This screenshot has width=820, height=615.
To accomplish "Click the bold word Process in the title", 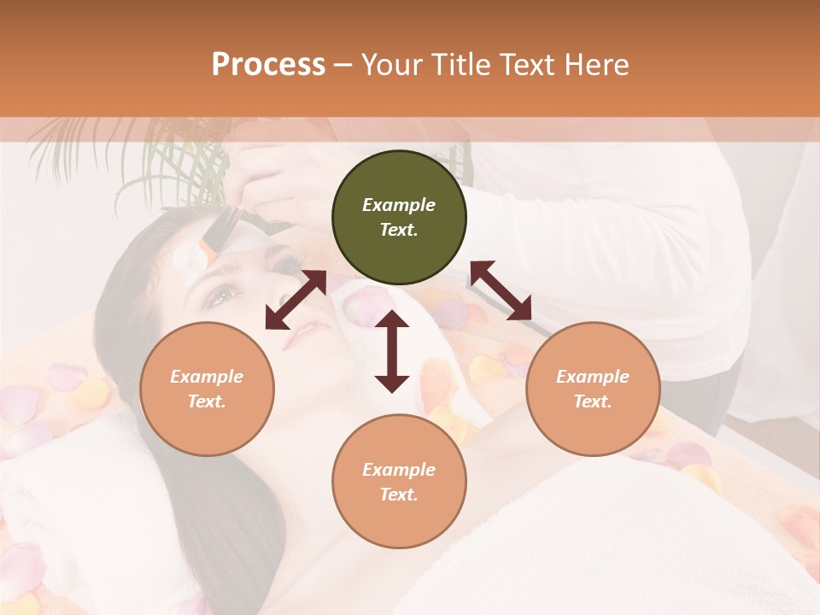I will point(268,65).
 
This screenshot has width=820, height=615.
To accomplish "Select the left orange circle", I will point(207,389).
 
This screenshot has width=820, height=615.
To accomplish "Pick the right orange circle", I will point(593,389).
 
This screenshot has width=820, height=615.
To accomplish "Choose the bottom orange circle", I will point(399,481).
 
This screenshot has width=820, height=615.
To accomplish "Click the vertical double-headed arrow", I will point(392,351).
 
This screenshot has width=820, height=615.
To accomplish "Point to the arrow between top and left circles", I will point(296,299).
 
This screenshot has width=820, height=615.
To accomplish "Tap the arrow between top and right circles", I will point(501,290).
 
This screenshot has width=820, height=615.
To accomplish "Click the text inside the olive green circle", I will point(399,217).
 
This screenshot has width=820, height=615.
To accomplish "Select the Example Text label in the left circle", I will point(207,389).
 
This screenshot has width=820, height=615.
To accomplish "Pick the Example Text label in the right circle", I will point(593,389).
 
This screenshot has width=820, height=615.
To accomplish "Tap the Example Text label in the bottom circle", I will point(399,482).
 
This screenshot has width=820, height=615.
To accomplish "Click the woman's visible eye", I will point(220,296).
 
